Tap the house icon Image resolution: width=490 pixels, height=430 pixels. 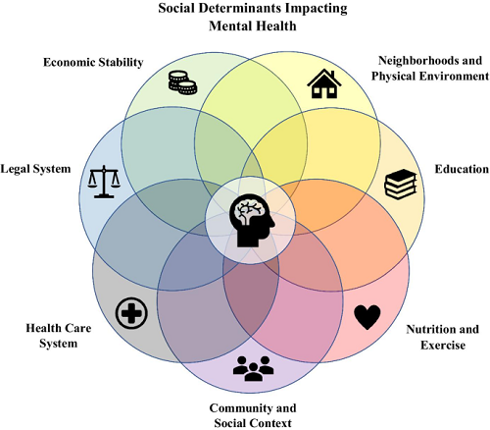click(x=324, y=83)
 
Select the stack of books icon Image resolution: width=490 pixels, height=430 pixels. click(x=401, y=185)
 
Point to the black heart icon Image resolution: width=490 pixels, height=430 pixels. click(x=367, y=317)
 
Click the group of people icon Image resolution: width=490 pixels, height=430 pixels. click(x=254, y=369)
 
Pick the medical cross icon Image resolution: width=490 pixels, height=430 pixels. click(x=131, y=313)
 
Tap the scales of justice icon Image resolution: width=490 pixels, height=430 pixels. click(x=104, y=182)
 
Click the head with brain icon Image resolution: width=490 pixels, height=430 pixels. click(x=252, y=220)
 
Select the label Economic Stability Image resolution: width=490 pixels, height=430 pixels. click(x=93, y=62)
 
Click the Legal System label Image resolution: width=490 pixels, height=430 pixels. click(x=35, y=169)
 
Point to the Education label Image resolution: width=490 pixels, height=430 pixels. click(x=462, y=169)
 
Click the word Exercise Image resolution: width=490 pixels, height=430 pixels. click(x=443, y=345)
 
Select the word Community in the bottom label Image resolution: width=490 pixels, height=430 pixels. click(x=241, y=408)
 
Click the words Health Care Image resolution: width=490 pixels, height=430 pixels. click(x=59, y=328)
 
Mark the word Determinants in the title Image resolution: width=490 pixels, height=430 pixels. click(x=240, y=8)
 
